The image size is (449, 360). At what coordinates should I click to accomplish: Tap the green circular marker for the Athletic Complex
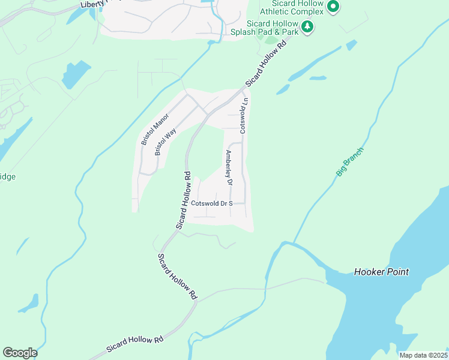[x=334, y=7]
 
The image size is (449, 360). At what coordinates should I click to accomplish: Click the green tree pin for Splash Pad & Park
[x=307, y=26]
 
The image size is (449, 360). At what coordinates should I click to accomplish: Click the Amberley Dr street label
[x=228, y=167]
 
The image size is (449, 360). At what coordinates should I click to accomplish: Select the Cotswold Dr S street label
[x=211, y=203]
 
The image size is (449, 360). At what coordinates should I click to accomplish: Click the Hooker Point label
[x=381, y=272]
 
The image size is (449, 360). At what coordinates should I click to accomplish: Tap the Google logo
[x=19, y=353]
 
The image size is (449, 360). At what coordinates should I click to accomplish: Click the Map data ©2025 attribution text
[x=423, y=355]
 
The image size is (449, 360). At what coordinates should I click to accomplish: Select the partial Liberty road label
[x=96, y=4]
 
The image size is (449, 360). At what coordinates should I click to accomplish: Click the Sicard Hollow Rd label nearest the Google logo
[x=135, y=344]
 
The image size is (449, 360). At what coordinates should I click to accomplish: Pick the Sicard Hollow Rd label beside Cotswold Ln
[x=271, y=60]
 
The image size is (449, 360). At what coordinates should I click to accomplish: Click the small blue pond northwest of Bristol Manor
[x=75, y=74]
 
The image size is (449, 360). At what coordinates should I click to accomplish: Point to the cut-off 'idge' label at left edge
[x=7, y=176]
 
